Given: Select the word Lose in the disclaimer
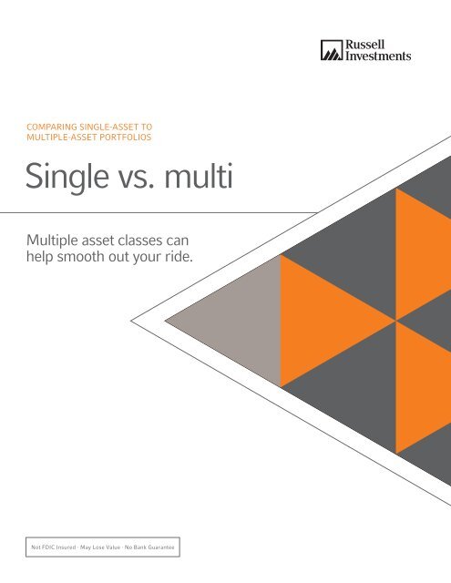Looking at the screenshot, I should [103, 547].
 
